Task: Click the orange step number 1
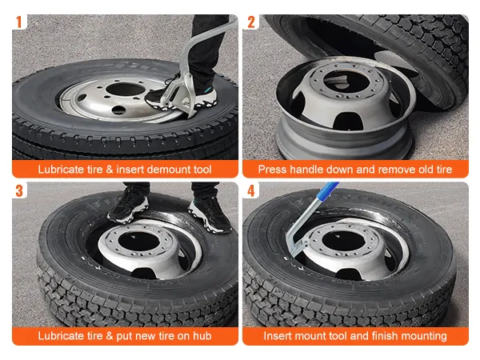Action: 19,22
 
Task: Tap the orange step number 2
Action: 251,22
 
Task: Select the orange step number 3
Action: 19,190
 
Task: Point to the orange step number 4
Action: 251,190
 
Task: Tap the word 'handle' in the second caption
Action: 306,170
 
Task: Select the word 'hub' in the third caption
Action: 202,336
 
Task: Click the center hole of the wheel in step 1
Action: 126,90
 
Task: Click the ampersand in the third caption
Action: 110,336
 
